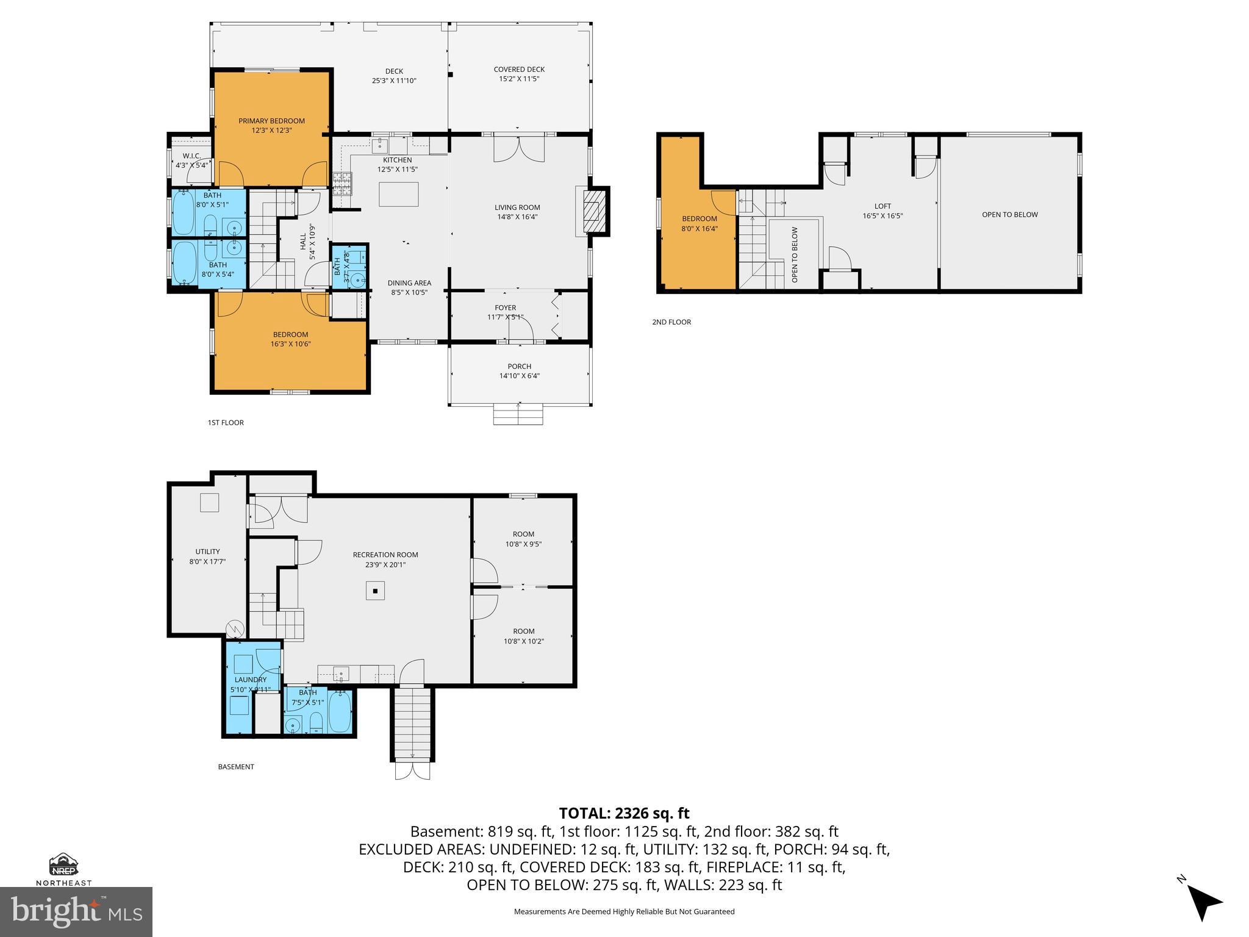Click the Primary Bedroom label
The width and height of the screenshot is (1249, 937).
tap(271, 121)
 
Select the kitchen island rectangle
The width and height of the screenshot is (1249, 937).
tap(398, 194)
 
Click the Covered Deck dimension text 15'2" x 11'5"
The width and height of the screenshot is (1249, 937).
tap(519, 79)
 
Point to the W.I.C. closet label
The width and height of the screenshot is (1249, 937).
tap(191, 156)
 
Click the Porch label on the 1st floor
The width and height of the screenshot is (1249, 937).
tap(519, 367)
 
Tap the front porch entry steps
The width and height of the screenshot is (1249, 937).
tap(518, 415)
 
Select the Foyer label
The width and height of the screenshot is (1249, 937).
tap(505, 308)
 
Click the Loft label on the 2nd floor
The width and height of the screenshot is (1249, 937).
tap(882, 206)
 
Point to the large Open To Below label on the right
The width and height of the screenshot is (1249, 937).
tap(1009, 215)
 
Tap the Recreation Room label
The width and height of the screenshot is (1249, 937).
tap(385, 555)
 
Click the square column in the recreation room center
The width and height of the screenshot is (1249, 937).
tap(376, 591)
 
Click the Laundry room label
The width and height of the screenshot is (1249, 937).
tap(250, 680)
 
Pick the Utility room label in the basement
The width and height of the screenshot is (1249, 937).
tap(207, 551)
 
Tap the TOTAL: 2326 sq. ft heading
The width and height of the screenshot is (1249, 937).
tap(624, 813)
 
